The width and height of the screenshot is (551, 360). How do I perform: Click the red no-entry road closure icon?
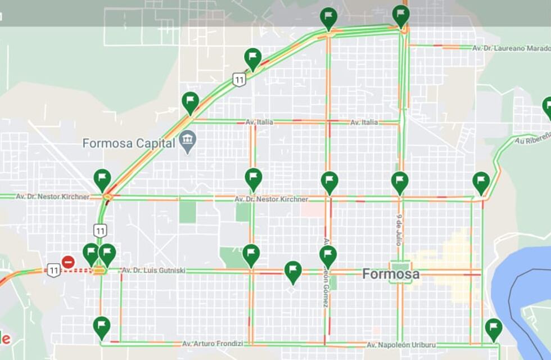click(68, 262)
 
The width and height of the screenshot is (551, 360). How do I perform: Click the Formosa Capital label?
click(129, 143)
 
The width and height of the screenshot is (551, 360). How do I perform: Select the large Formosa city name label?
click(391, 274)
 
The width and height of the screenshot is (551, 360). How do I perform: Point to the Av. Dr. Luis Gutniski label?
click(153, 271)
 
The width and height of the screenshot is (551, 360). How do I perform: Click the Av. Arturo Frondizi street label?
click(213, 343)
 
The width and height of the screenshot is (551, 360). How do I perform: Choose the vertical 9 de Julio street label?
click(399, 229)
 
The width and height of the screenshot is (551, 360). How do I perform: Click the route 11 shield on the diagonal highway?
click(240, 79)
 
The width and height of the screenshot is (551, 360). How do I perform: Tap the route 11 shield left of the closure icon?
click(54, 271)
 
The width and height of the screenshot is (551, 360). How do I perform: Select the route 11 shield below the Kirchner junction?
click(100, 230)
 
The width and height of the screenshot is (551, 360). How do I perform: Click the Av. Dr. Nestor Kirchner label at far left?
click(52, 197)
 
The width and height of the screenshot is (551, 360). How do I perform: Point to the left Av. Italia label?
click(258, 122)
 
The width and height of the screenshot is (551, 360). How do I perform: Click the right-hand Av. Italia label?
click(364, 122)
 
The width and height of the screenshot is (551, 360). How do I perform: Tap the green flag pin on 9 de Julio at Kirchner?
click(400, 182)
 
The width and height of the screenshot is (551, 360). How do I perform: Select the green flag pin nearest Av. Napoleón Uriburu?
click(493, 328)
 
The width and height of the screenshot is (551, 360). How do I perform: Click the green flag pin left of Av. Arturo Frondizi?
click(102, 326)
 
